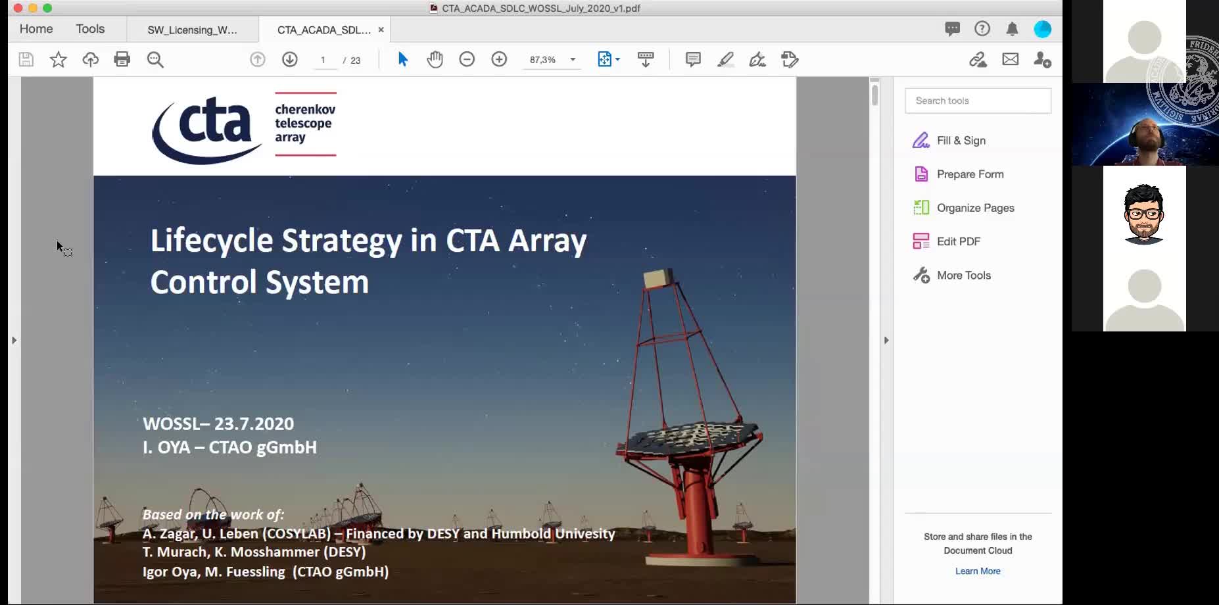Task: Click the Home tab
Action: [36, 29]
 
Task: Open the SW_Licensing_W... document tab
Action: [192, 30]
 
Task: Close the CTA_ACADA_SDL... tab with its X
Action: [381, 30]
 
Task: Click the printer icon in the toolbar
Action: [122, 59]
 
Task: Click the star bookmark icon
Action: [58, 59]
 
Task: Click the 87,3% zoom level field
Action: [543, 59]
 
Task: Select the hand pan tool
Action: [435, 59]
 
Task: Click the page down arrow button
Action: [289, 59]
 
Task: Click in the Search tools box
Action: [977, 101]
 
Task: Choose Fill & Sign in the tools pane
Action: [961, 141]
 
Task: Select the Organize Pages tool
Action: [975, 208]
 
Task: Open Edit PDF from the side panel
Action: [958, 241]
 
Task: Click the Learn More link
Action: [978, 571]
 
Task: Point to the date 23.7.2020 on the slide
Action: [254, 423]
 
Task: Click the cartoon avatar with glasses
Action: [1144, 214]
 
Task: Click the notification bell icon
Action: [1012, 29]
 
